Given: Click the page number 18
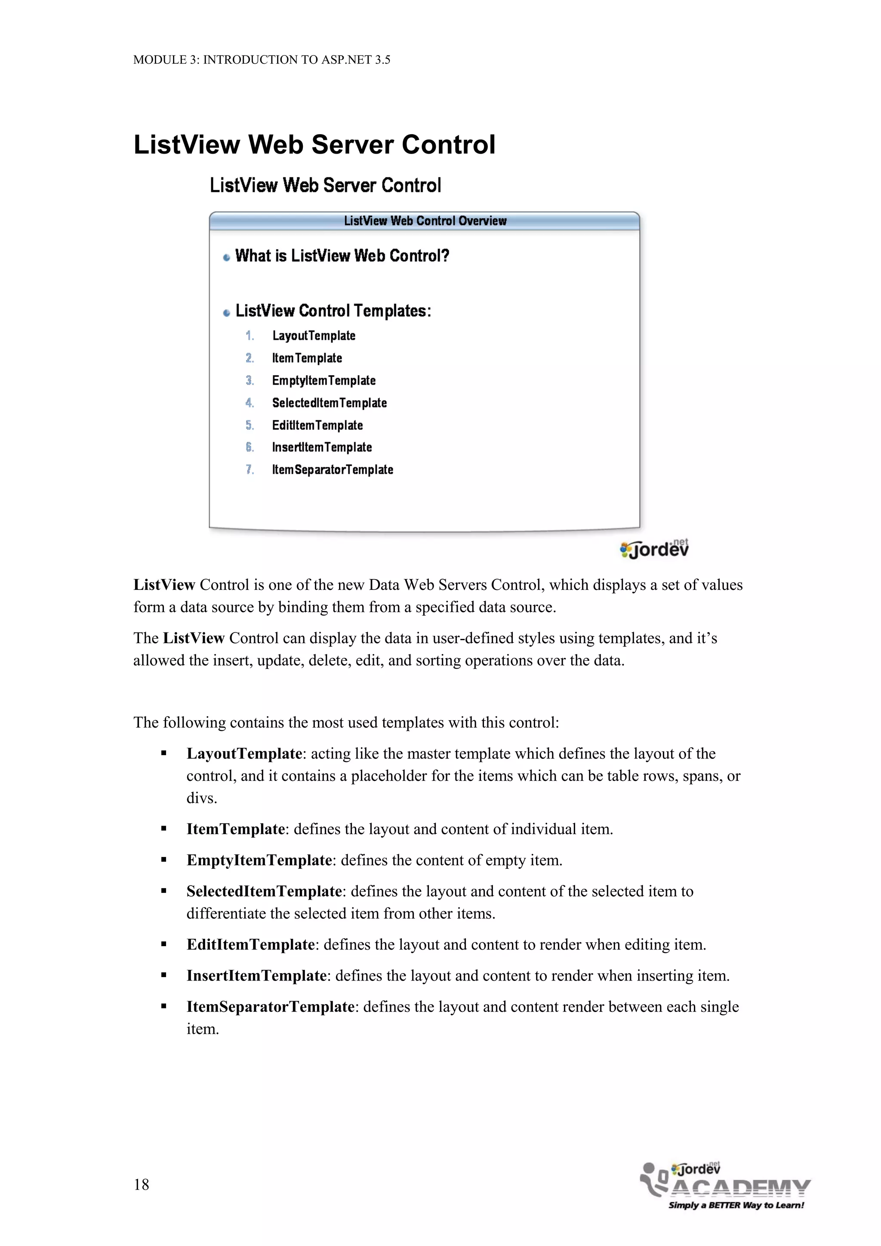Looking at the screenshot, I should click(141, 1184).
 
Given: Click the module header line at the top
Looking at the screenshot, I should click(262, 60).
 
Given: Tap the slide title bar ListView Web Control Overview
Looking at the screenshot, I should click(425, 221).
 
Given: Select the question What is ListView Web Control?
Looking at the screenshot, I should click(342, 256).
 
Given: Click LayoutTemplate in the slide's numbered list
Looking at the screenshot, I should click(314, 336).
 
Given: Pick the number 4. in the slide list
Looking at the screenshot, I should click(250, 403).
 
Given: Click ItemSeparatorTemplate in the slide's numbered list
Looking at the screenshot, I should click(332, 470).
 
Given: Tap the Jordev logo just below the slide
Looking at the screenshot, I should click(654, 549).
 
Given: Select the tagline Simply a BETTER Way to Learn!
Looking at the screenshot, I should click(736, 1205).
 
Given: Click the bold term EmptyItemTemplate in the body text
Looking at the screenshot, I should click(259, 860).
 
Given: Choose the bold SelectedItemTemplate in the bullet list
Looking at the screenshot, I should click(264, 891).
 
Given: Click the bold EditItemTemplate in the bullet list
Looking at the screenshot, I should click(250, 944).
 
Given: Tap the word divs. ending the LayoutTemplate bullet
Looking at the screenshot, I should click(201, 798).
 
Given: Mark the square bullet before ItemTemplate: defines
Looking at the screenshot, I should click(163, 829).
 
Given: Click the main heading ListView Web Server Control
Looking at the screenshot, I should click(314, 145).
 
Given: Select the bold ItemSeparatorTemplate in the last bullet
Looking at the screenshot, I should click(270, 1007).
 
